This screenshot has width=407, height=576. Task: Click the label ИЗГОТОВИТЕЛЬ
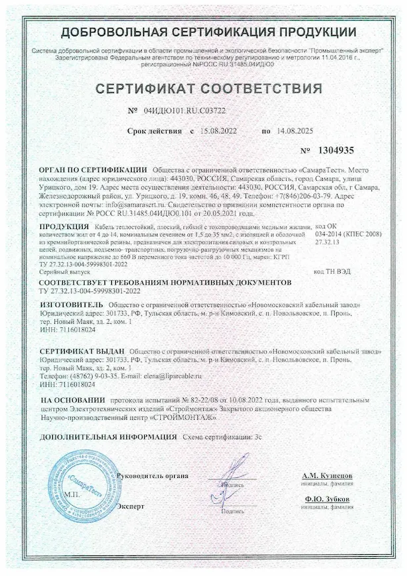tap(71, 305)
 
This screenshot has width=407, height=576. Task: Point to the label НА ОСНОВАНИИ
tap(73, 401)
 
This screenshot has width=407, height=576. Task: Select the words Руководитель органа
tap(153, 476)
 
